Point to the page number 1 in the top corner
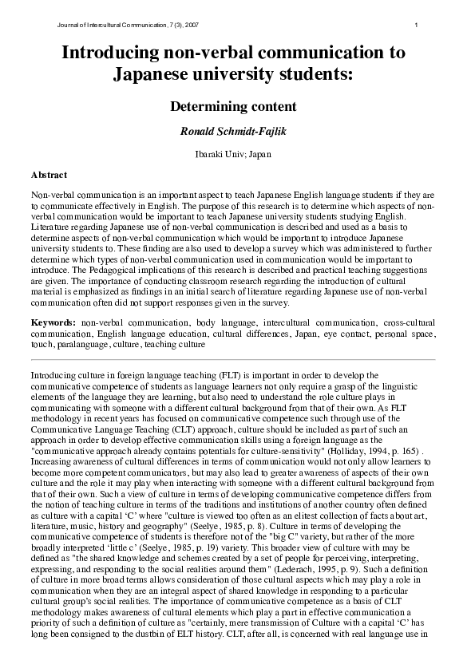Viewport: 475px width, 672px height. coord(417,26)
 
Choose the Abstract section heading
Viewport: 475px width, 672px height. coord(49,175)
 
